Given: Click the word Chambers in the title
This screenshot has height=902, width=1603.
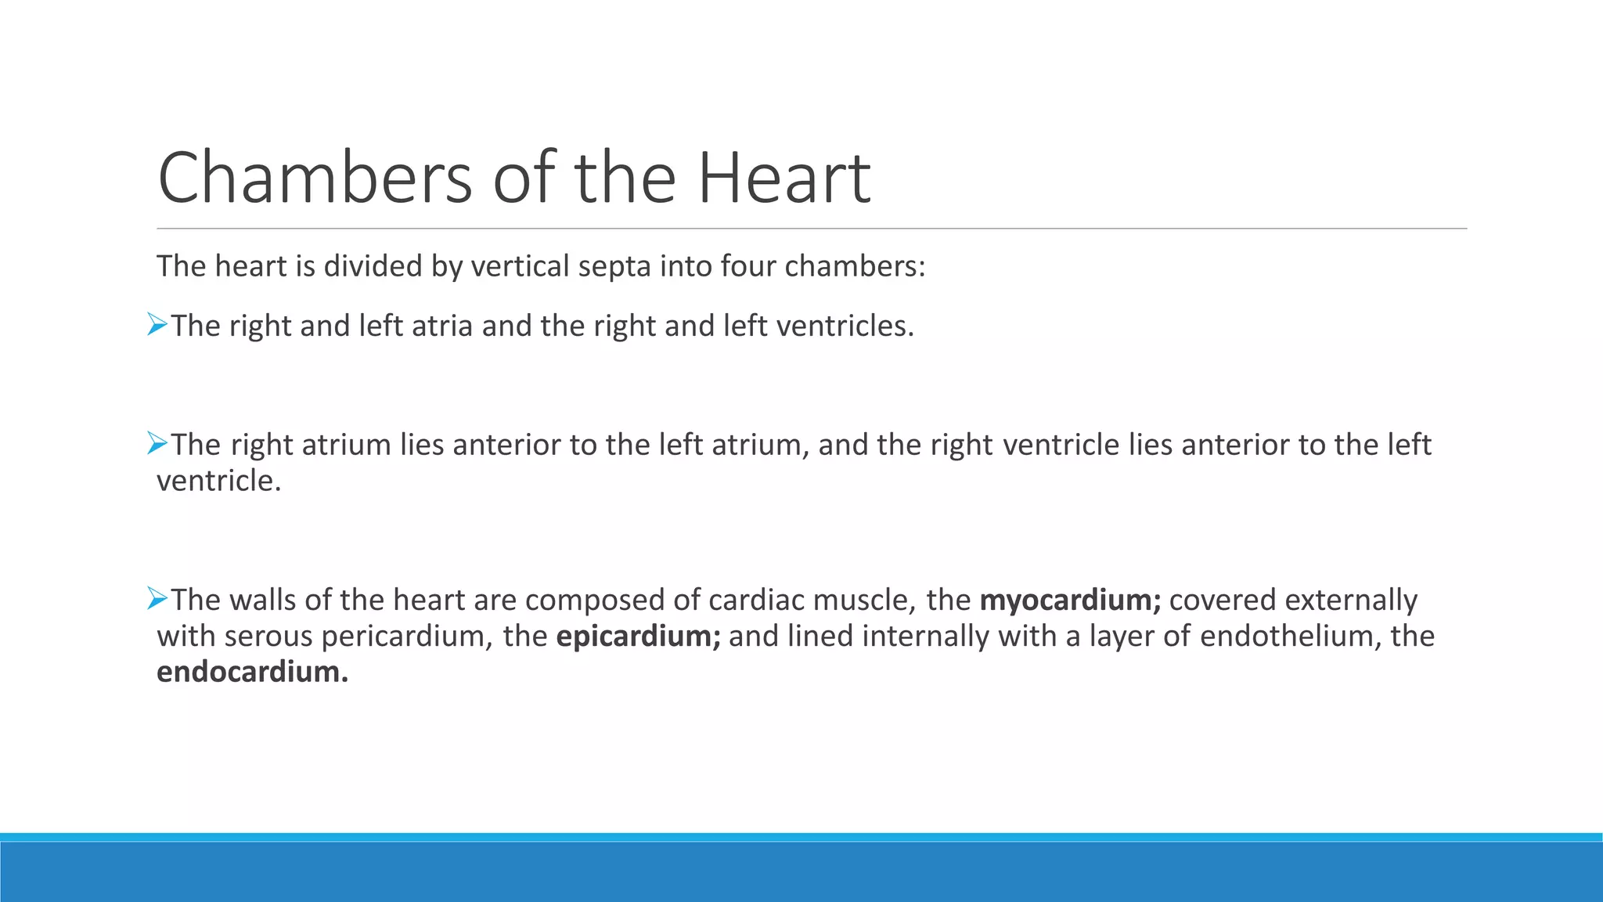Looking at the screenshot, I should click(x=314, y=179).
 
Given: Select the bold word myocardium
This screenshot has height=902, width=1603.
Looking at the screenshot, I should click(x=1069, y=601).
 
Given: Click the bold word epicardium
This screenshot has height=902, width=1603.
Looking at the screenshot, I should click(x=637, y=637).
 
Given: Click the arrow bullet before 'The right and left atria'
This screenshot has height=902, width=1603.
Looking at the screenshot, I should click(x=157, y=324).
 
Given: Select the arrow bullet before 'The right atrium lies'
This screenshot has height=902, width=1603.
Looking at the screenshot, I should click(x=157, y=443).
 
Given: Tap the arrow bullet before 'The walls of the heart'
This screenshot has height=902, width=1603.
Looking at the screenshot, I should click(x=157, y=599).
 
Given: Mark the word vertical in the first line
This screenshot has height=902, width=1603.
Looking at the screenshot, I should click(x=520, y=267).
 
